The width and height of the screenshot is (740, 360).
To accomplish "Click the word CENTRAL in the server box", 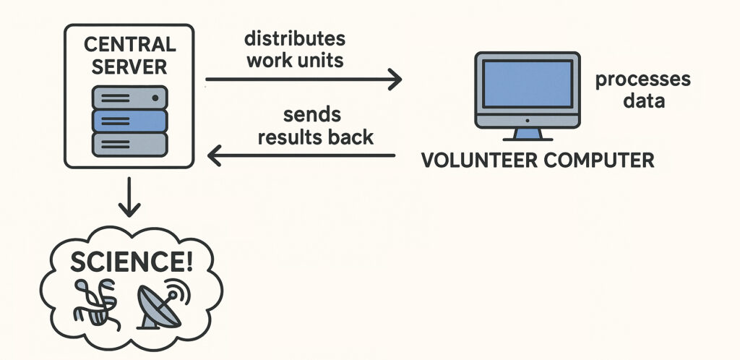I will (130, 44).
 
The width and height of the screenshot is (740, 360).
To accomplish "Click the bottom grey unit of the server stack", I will (130, 143).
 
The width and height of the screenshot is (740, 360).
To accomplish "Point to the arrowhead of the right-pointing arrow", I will (395, 79).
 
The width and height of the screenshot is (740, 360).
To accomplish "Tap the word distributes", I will (295, 37).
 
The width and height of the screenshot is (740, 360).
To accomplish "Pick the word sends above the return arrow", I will (312, 114).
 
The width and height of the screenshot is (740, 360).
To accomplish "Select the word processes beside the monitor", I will (643, 80).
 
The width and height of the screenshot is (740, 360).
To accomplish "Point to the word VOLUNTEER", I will (479, 160).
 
